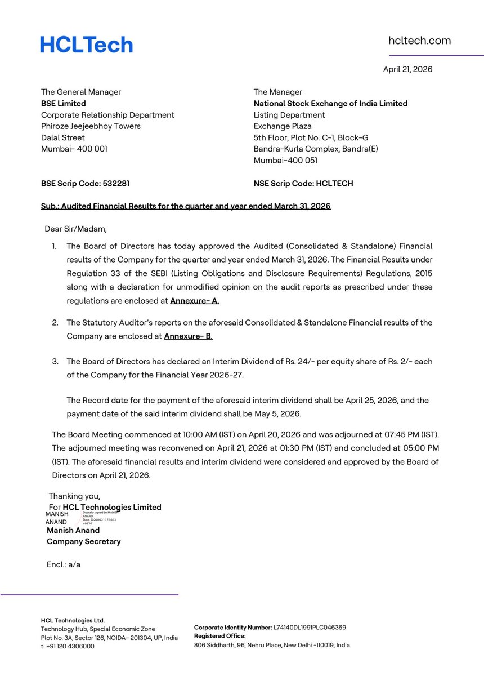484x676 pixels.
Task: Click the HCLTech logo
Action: (86, 45)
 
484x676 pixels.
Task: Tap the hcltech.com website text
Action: (419, 41)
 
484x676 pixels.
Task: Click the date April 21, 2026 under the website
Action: (407, 69)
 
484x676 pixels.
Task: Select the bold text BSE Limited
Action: (64, 104)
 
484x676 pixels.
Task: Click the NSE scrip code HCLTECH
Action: (334, 184)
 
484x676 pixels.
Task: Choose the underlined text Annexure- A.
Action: (194, 301)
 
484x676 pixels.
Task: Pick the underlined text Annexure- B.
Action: (188, 336)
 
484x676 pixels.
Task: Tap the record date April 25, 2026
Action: (367, 401)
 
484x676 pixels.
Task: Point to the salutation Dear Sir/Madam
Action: (75, 229)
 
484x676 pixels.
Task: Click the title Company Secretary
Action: (83, 541)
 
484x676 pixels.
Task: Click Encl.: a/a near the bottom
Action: (64, 564)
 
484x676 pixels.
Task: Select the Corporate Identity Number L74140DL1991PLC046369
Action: (310, 627)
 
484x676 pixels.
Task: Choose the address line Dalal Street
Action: (63, 137)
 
